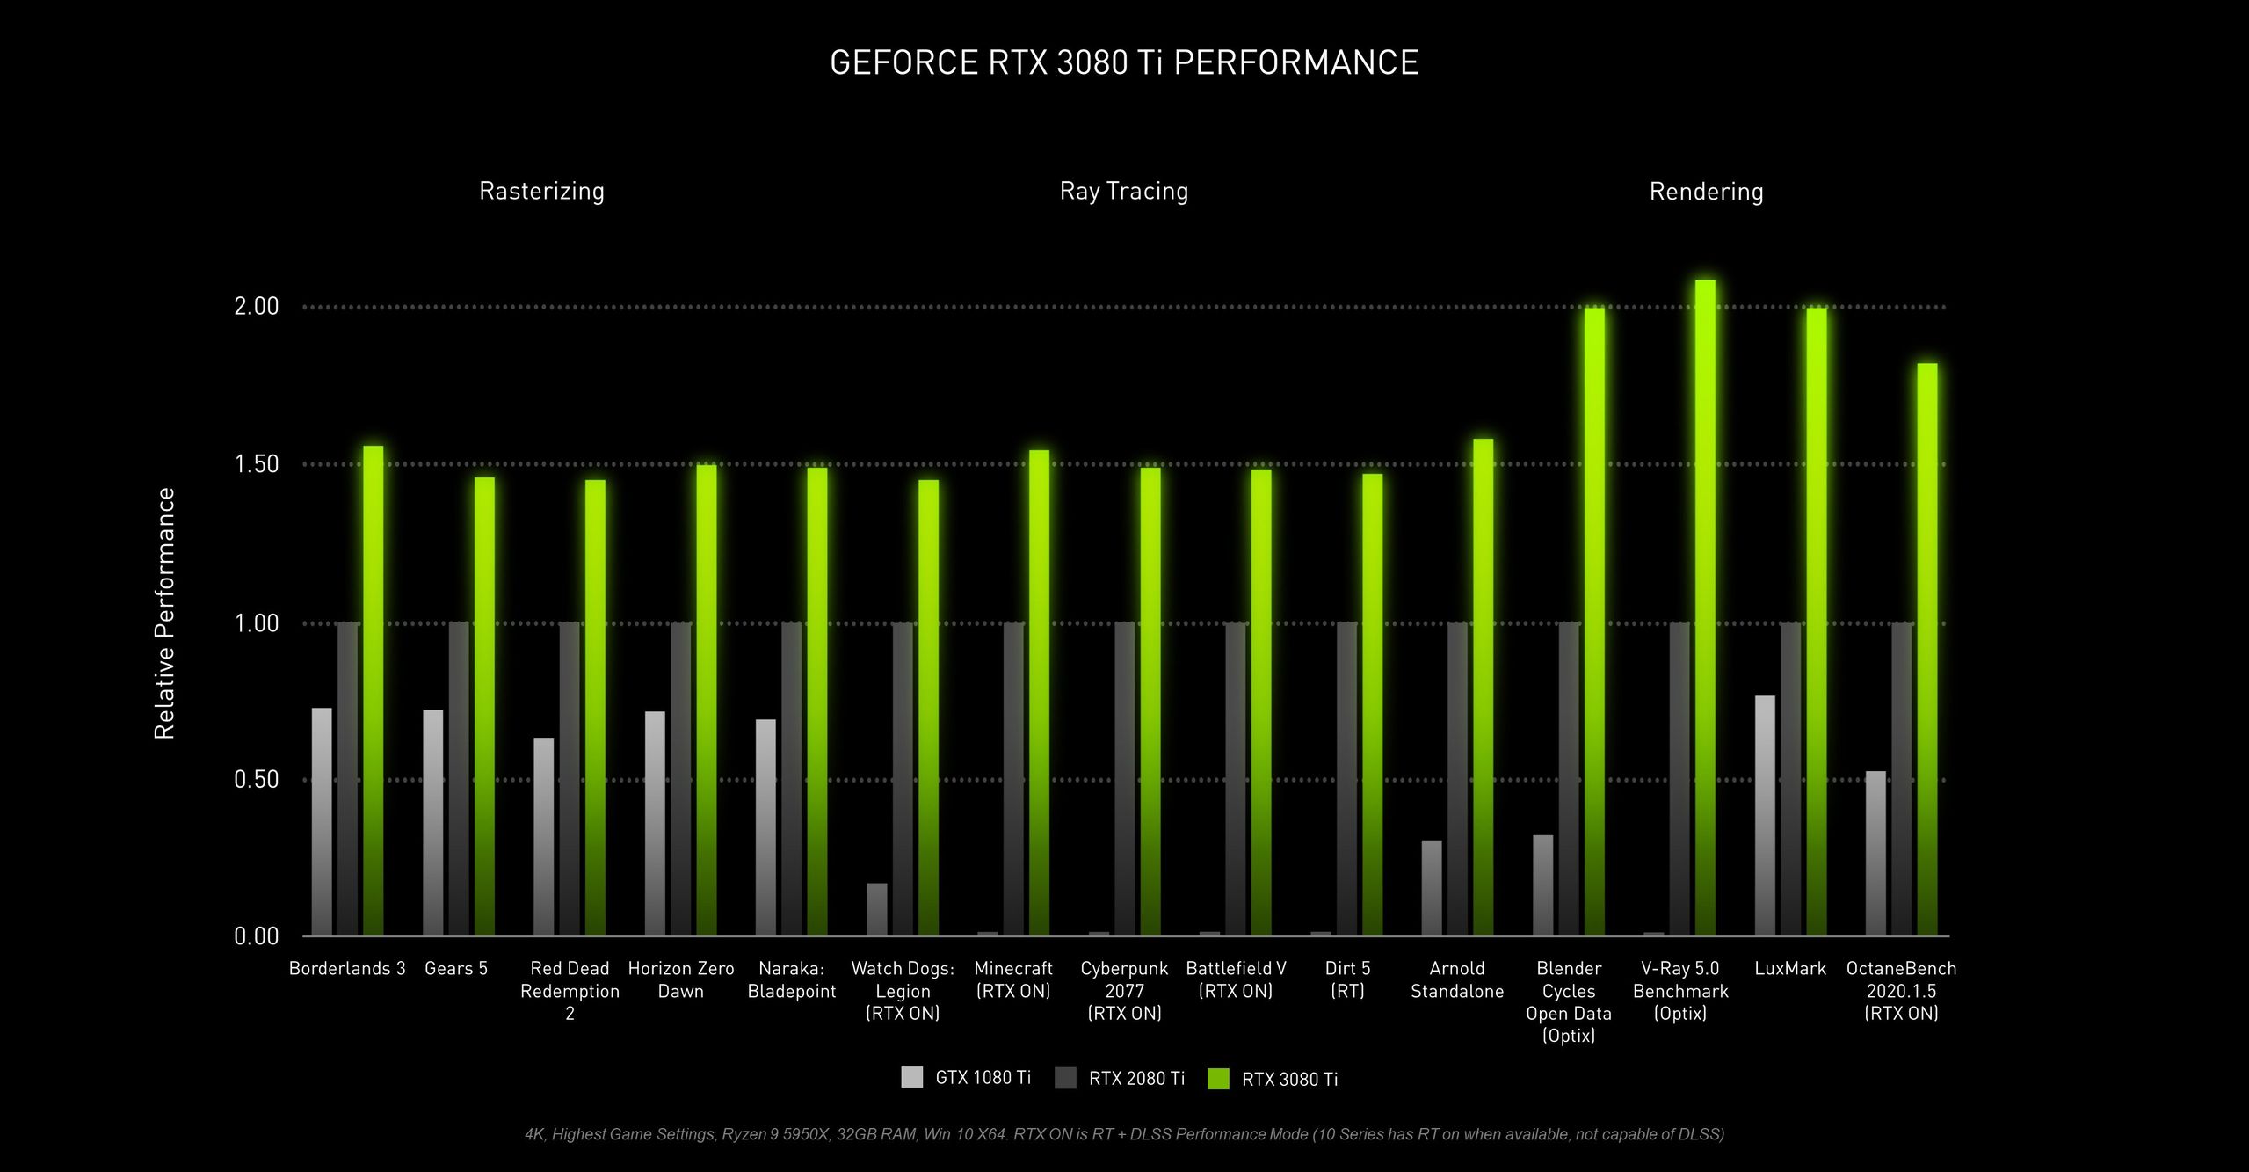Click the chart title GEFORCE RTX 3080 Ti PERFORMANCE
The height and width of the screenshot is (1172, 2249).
tap(1124, 62)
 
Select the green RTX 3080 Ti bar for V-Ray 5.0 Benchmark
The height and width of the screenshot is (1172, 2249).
tap(1705, 607)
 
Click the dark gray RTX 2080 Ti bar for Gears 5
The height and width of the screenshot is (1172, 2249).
tap(459, 778)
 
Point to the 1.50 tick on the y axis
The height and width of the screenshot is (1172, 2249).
tap(256, 464)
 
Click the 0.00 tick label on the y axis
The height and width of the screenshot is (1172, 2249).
tap(256, 936)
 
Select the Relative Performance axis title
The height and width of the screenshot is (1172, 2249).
tap(164, 613)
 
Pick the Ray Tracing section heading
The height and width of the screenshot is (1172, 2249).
tap(1123, 192)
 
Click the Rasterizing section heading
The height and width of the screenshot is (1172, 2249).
tap(541, 192)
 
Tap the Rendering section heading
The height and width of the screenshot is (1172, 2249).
tap(1706, 192)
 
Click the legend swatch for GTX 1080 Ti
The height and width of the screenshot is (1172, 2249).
tap(912, 1077)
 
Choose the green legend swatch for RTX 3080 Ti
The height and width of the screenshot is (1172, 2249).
tap(1218, 1078)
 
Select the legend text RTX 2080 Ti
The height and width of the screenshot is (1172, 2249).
tap(1136, 1078)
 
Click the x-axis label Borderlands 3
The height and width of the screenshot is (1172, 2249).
tap(347, 968)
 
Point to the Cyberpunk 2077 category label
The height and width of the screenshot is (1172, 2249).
tap(1124, 990)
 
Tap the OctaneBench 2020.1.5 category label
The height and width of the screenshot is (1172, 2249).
tap(1901, 990)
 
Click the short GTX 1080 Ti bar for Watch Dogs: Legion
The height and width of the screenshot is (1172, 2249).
tap(876, 910)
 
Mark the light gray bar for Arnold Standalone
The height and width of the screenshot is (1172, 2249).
tap(1432, 888)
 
